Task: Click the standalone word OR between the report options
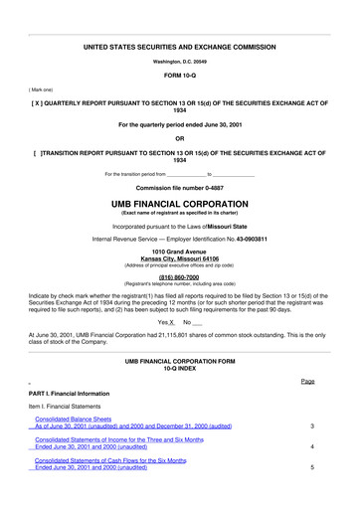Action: (180, 138)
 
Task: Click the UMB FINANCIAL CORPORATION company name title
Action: (180, 203)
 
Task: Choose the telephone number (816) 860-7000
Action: (180, 277)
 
